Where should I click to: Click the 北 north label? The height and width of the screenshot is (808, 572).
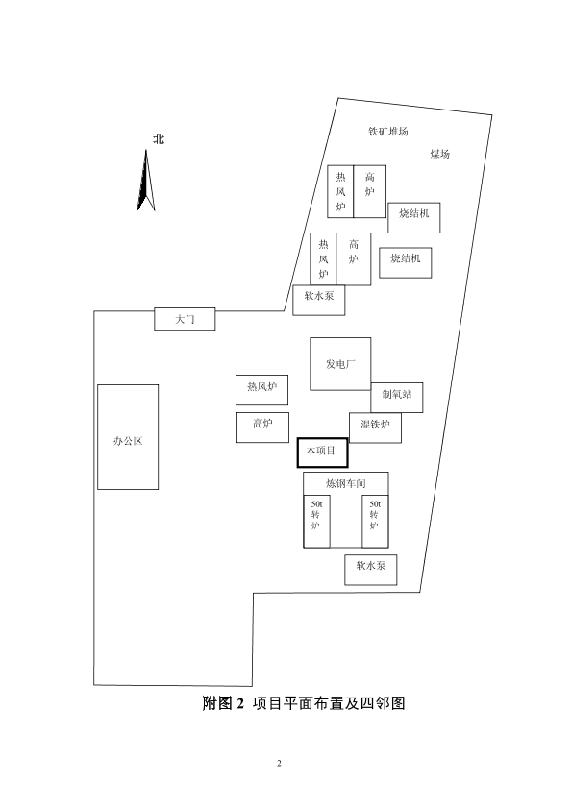click(x=159, y=139)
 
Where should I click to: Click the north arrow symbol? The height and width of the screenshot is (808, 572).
click(x=146, y=181)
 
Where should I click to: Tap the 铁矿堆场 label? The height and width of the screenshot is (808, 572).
click(x=387, y=132)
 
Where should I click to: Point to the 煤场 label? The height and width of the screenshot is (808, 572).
click(x=440, y=154)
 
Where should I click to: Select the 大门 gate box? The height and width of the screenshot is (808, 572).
click(x=185, y=319)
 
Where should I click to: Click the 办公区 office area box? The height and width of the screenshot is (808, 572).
click(x=128, y=437)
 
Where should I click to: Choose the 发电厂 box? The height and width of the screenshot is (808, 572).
click(x=340, y=364)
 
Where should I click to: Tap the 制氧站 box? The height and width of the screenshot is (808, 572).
click(x=397, y=398)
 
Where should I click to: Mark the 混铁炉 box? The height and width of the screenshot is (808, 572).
click(x=375, y=428)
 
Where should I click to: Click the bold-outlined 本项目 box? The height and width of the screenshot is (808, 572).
click(x=322, y=453)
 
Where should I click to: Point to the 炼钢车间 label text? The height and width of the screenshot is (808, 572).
click(x=345, y=483)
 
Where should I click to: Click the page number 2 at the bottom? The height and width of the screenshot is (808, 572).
click(x=279, y=763)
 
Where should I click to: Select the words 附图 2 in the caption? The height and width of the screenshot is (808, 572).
click(x=223, y=703)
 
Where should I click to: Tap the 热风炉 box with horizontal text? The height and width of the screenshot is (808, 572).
click(x=262, y=390)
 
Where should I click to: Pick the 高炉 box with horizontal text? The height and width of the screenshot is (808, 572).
click(x=262, y=428)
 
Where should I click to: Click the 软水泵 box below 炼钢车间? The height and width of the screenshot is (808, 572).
click(x=371, y=570)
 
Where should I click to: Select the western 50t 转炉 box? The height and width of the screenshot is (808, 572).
click(x=316, y=522)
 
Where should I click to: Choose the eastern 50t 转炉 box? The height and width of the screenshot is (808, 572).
click(x=375, y=522)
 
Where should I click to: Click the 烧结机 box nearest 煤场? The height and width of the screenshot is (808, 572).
click(x=414, y=217)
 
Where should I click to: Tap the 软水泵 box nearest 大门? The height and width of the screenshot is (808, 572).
click(x=319, y=300)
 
